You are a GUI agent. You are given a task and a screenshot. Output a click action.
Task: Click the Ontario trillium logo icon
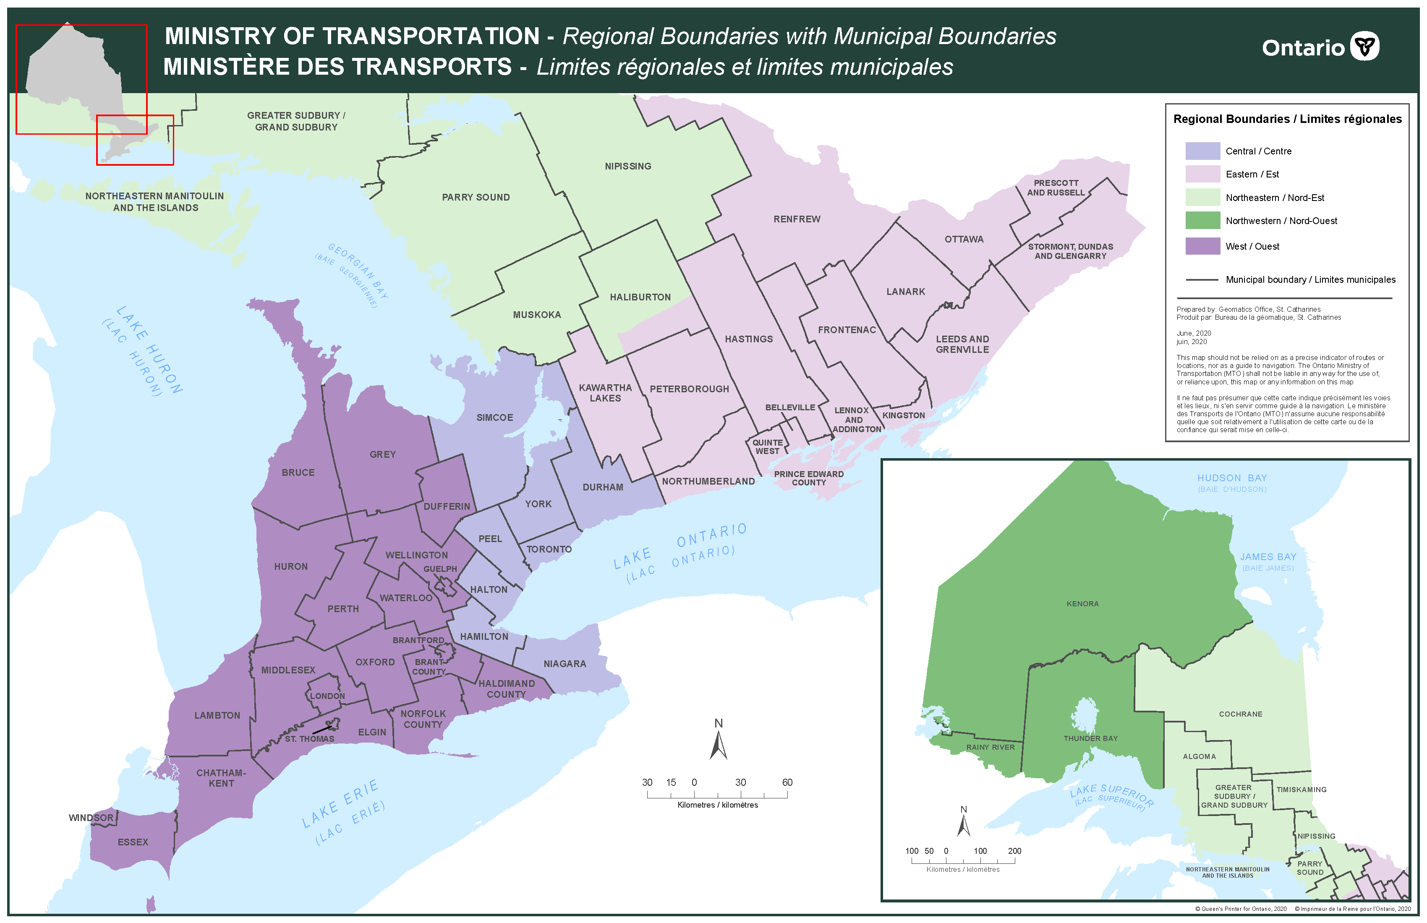1364,46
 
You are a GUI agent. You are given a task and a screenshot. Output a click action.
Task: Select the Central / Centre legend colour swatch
1202,151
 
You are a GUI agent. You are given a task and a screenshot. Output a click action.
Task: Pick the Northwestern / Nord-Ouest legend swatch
1202,221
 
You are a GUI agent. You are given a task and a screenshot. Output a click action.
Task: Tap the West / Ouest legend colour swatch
1202,246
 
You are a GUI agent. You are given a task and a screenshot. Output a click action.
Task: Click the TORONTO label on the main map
549,549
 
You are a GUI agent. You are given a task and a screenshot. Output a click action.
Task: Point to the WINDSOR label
91,818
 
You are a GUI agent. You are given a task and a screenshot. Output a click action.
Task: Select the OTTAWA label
964,239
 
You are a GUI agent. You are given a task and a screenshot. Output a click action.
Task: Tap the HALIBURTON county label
640,297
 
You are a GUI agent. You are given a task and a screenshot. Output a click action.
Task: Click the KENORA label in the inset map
1082,604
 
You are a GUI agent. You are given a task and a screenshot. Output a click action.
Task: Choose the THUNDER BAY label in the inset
1090,738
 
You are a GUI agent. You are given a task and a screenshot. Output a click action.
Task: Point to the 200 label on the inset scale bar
1014,851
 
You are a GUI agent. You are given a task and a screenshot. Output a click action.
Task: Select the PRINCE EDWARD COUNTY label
808,478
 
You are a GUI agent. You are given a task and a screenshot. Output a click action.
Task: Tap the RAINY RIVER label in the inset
990,747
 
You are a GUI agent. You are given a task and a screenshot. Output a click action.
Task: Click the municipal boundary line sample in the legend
1202,280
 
